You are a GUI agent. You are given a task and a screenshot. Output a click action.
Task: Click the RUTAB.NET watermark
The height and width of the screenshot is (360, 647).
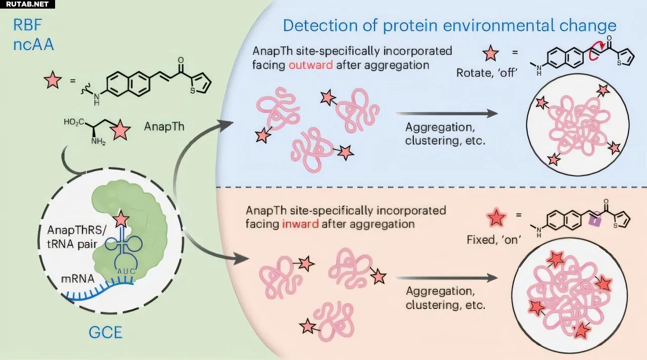coord(27,4)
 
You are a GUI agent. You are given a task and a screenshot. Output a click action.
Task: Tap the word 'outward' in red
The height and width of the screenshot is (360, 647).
coord(311,65)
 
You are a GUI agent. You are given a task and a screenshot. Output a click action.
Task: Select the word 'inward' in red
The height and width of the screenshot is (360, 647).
coord(300,224)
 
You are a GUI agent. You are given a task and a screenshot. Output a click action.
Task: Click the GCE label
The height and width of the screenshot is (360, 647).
coord(106,333)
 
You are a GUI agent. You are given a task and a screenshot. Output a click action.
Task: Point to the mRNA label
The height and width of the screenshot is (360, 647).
coord(78,279)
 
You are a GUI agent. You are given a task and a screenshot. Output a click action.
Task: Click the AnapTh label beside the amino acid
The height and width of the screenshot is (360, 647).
coord(164,126)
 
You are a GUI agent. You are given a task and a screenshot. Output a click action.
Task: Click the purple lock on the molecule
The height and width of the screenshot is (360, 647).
coord(595,220)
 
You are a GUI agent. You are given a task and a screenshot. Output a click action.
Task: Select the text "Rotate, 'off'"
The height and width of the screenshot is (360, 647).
coord(487,73)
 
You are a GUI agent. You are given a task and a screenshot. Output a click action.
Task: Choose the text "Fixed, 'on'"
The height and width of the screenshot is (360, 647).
coord(494,240)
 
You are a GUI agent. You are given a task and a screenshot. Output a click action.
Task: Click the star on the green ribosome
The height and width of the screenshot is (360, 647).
coord(121,219)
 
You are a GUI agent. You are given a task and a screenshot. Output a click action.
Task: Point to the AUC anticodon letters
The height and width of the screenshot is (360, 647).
coord(126,272)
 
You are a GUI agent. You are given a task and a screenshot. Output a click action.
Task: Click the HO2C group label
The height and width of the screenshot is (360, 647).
coord(74,122)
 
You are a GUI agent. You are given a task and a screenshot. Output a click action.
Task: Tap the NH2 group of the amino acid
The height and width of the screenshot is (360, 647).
coord(98,141)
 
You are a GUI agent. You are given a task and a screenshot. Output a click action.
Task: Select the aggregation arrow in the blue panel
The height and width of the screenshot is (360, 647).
coord(446,114)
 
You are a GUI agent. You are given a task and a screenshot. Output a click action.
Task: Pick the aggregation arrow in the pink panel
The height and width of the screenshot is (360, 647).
coord(446,278)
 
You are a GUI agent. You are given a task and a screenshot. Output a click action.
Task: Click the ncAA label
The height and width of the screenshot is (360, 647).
coord(33,44)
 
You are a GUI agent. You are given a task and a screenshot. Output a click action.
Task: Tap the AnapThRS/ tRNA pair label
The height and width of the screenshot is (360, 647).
coord(76,237)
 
